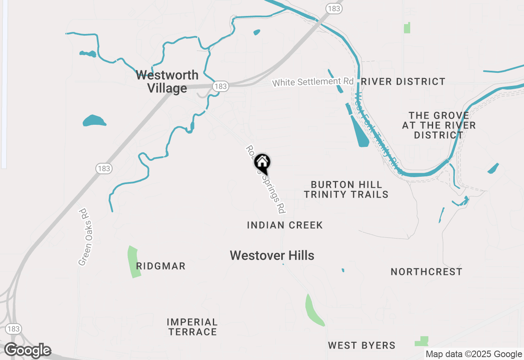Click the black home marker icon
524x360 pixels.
[x=262, y=163]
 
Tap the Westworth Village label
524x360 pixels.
[x=167, y=81]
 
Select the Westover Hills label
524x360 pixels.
[x=272, y=256]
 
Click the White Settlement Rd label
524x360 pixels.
[x=313, y=82]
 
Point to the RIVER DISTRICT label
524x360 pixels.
[x=403, y=82]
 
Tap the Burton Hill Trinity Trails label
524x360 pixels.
[x=346, y=189]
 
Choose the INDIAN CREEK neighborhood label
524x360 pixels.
[x=285, y=225]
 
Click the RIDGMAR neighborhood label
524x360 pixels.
[x=161, y=266]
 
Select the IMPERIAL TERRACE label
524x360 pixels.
[x=192, y=327]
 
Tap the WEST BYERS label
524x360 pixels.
[x=362, y=346]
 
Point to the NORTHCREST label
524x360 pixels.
[x=427, y=272]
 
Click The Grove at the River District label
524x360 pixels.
[x=439, y=125]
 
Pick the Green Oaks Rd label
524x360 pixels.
[x=84, y=237]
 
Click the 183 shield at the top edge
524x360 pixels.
[x=334, y=8]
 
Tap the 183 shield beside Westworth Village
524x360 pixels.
[x=220, y=86]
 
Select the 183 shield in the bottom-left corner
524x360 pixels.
[x=14, y=329]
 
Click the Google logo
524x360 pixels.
[x=27, y=351]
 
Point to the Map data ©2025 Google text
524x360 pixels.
[x=474, y=354]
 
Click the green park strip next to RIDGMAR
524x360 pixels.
[x=134, y=262]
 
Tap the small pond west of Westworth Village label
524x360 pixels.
[x=94, y=121]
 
